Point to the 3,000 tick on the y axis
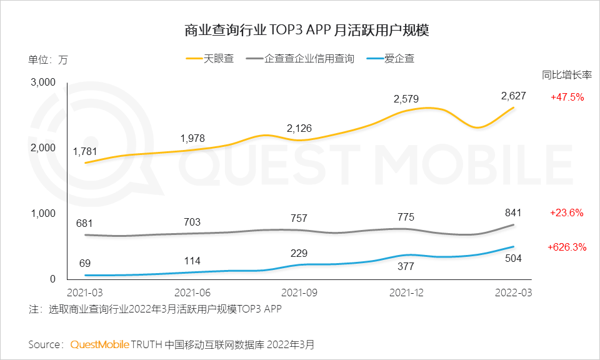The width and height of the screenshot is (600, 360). pyautogui.click(x=43, y=82)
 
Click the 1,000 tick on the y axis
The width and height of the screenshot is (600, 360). pyautogui.click(x=43, y=213)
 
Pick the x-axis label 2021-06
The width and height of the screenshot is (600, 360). pyautogui.click(x=192, y=292)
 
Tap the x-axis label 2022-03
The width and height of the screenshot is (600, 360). pyautogui.click(x=513, y=292)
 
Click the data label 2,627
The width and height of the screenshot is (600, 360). pyautogui.click(x=513, y=96)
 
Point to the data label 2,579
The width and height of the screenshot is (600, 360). pyautogui.click(x=406, y=99)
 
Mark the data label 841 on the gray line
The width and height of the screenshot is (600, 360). pyautogui.click(x=512, y=212)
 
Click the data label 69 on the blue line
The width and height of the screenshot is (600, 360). pyautogui.click(x=85, y=264)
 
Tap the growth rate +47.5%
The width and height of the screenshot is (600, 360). pyautogui.click(x=567, y=97)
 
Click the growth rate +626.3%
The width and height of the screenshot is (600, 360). pyautogui.click(x=567, y=247)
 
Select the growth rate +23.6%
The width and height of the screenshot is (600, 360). pyautogui.click(x=567, y=212)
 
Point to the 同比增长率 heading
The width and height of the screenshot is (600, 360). pyautogui.click(x=567, y=75)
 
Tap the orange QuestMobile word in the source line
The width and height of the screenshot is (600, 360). pyautogui.click(x=100, y=344)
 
